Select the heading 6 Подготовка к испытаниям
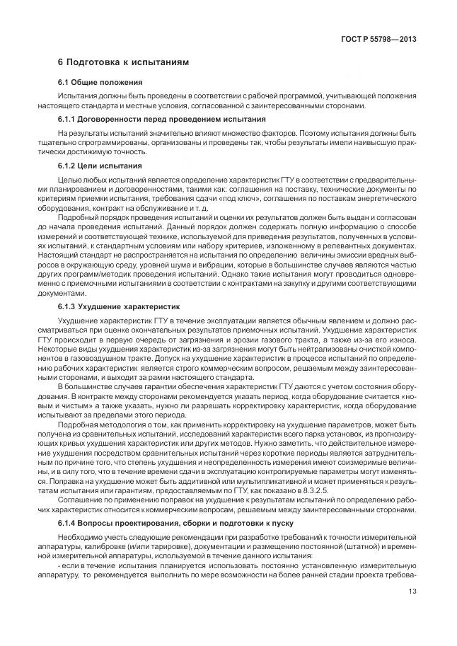[123, 63]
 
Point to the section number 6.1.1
[69, 120]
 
